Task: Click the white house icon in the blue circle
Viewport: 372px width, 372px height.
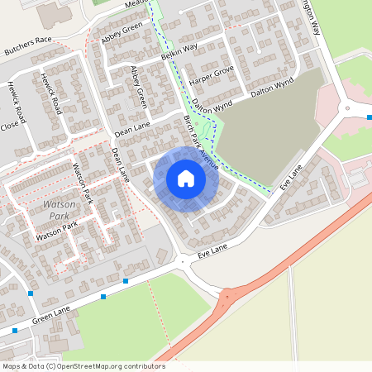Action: click(x=186, y=179)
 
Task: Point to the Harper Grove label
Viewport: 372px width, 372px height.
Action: click(x=212, y=75)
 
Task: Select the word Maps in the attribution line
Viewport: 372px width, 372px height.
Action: click(x=12, y=365)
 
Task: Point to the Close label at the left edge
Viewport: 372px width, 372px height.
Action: click(x=10, y=126)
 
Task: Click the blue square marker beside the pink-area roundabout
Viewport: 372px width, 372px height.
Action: click(x=369, y=117)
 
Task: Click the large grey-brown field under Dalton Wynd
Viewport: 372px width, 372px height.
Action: click(x=265, y=132)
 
